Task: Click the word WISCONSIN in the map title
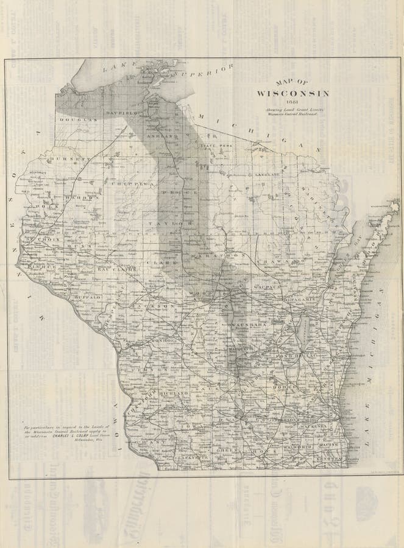(x=292, y=93)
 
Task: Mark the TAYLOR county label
(x=177, y=225)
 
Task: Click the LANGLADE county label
(x=267, y=175)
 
